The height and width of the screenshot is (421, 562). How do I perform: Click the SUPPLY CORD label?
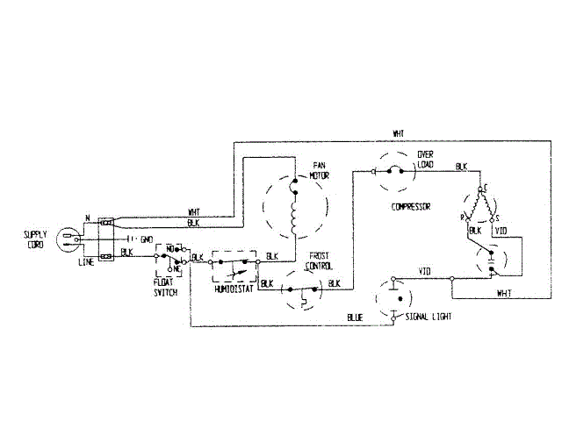click(35, 239)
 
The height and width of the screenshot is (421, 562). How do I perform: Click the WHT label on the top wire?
click(399, 133)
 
